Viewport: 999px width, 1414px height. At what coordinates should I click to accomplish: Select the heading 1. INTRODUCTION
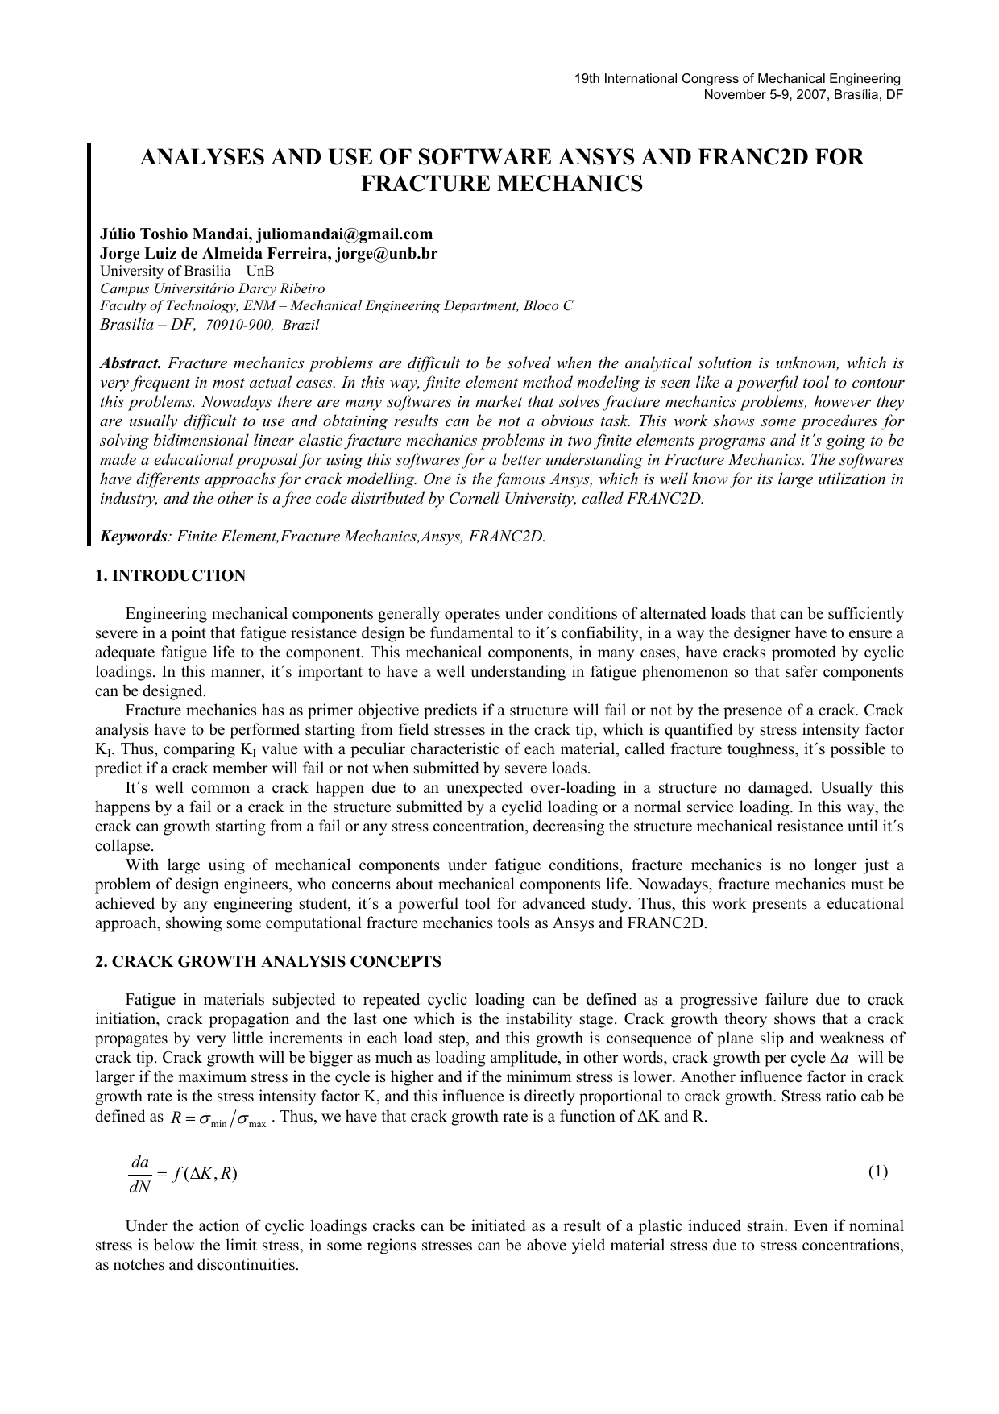(170, 576)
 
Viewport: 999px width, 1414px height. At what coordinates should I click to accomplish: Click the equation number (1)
(877, 1171)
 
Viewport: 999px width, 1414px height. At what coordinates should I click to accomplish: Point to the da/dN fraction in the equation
(139, 1173)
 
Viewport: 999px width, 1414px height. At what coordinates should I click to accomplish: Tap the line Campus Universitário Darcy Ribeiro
(212, 288)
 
